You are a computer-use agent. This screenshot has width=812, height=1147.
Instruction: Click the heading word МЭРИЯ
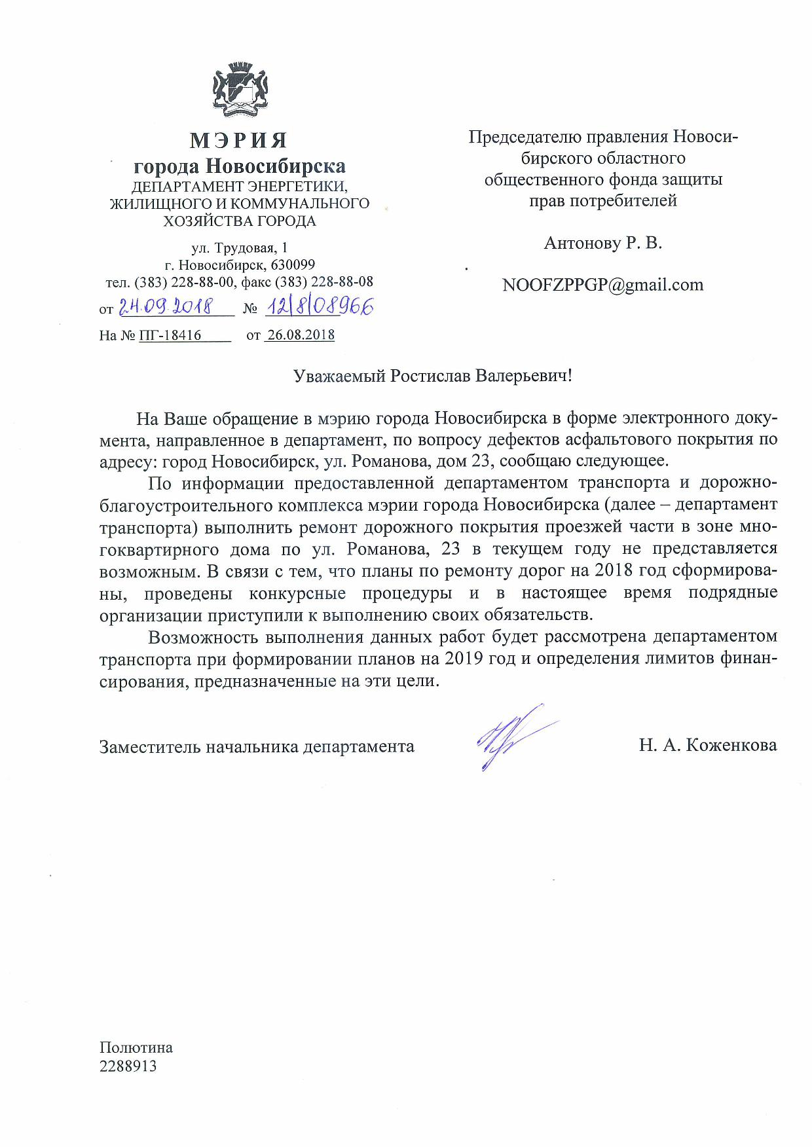coord(239,140)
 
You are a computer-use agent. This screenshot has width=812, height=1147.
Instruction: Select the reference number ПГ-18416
coord(170,335)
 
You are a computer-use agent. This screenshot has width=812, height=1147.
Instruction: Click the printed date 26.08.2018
coord(301,335)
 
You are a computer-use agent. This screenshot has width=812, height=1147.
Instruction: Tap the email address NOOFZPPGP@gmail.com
coord(602,285)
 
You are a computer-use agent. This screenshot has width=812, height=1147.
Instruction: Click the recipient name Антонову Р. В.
coord(602,243)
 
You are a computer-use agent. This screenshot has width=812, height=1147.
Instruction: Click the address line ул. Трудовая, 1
coord(239,248)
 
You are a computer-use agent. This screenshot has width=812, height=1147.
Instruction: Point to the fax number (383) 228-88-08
coord(324,282)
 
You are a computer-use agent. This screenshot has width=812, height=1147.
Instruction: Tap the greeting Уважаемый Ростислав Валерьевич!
coord(433,376)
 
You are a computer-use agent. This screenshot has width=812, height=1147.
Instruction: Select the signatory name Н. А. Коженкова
coord(708,745)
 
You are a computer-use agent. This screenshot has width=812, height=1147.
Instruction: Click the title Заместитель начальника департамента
coord(257,746)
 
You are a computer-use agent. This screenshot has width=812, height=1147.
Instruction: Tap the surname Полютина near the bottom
coord(136,1047)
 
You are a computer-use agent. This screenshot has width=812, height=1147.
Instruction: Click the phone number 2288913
coord(128,1066)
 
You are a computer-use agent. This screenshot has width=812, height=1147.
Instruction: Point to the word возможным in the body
coord(148,572)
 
